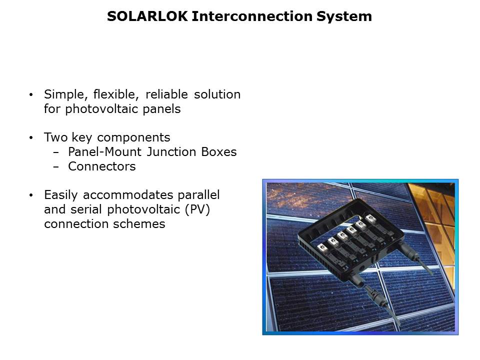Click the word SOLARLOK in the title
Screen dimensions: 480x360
pyautogui.click(x=147, y=16)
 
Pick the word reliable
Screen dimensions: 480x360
pyautogui.click(x=166, y=94)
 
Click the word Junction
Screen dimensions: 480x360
pyautogui.click(x=171, y=152)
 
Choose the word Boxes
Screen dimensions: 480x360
pyautogui.click(x=219, y=152)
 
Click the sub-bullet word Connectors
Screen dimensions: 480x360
pyautogui.click(x=102, y=166)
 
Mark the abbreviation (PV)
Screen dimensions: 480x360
pyautogui.click(x=197, y=210)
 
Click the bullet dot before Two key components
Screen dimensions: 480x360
pyautogui.click(x=31, y=138)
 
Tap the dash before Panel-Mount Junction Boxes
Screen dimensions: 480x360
pyautogui.click(x=55, y=152)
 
